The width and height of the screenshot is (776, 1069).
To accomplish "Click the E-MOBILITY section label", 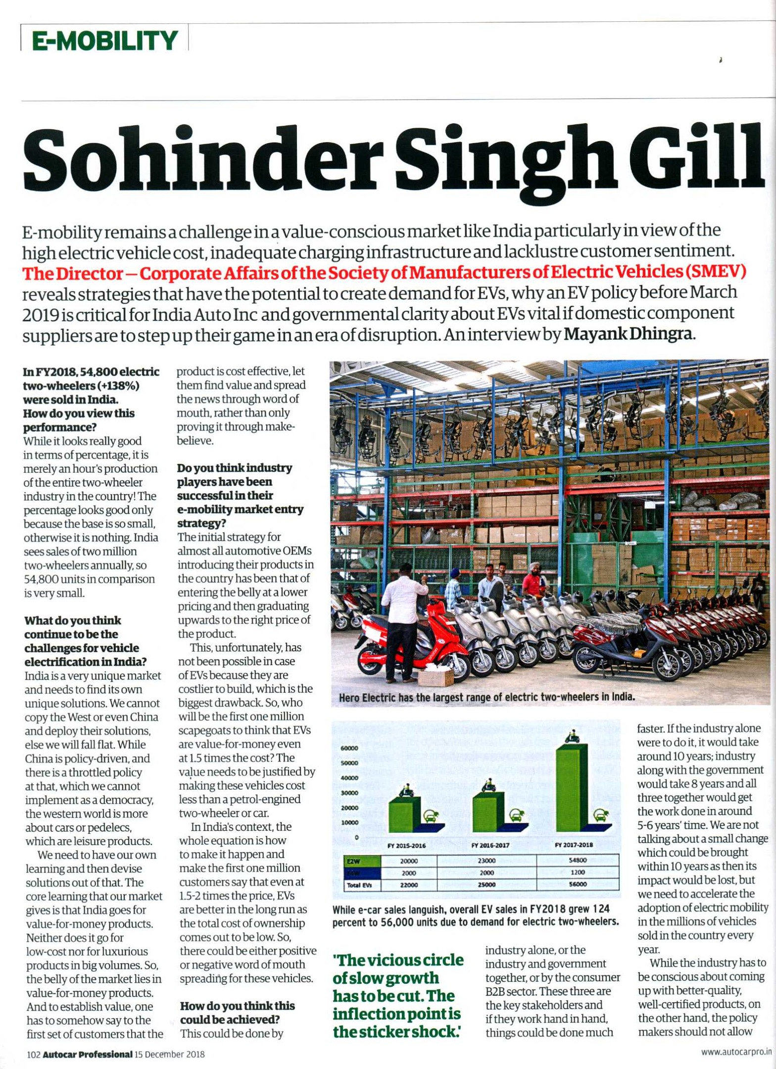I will coord(104,40).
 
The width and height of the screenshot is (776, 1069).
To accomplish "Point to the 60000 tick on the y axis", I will coord(349,748).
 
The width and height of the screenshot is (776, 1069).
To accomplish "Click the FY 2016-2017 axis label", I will coord(490,845).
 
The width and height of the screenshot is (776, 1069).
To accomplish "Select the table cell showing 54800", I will coord(578,861).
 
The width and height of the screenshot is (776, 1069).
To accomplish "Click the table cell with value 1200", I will coord(578,872).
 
